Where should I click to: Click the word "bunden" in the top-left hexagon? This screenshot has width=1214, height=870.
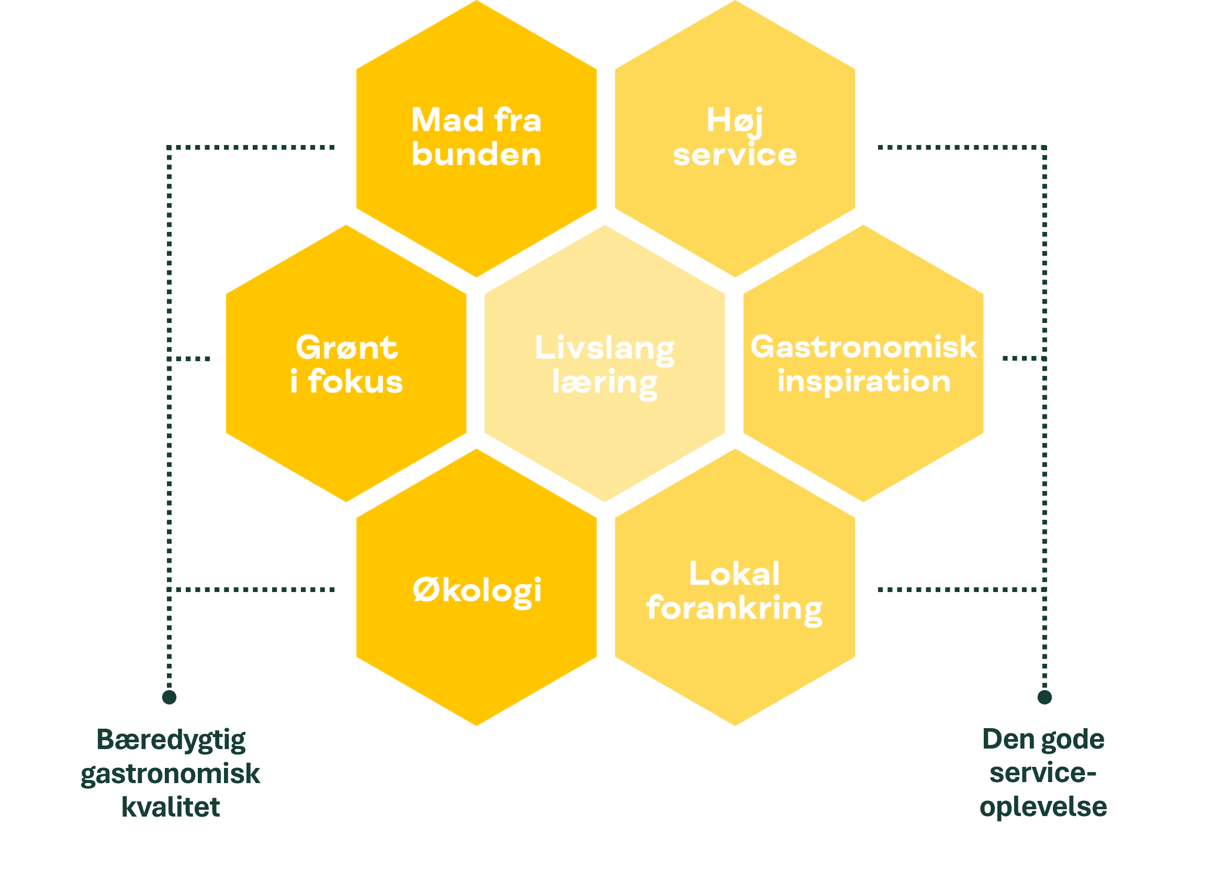coord(476,155)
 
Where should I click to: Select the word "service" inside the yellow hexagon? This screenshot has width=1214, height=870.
coord(734,155)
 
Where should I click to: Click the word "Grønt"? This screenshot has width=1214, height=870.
coord(346,348)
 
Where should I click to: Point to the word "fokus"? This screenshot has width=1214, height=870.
coord(355,382)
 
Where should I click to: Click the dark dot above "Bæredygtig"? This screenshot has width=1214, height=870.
coord(169,697)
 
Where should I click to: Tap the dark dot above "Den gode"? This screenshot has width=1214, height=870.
coord(1044,697)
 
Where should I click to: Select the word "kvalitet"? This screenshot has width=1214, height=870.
coord(171,807)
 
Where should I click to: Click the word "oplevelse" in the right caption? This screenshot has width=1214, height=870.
coord(1043,807)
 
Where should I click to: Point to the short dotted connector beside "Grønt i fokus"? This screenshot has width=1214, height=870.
coord(190,359)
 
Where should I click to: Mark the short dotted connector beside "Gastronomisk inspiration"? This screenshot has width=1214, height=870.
coord(1022,359)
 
